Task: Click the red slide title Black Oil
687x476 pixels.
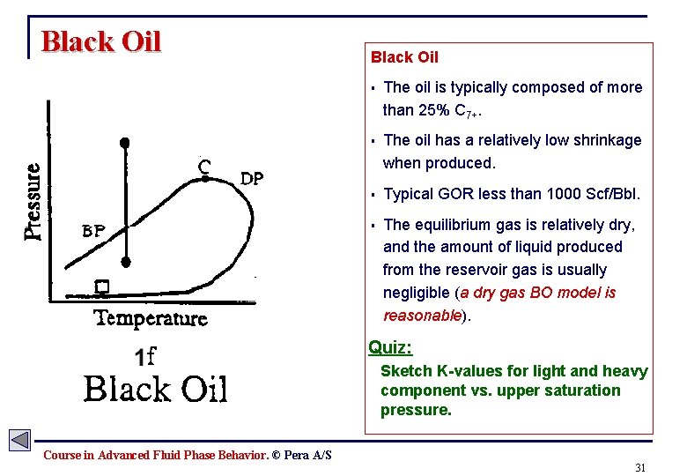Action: (101, 41)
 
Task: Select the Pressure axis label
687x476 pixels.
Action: (33, 202)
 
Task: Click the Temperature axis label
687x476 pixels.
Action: (151, 318)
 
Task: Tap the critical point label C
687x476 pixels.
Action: (203, 165)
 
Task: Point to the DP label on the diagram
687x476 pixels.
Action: (253, 179)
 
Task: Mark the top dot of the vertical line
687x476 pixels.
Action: (126, 141)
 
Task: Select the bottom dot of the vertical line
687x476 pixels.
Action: (126, 262)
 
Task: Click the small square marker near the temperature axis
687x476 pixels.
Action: (101, 287)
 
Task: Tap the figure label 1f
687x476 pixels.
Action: (145, 356)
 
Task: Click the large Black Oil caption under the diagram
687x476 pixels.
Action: (155, 388)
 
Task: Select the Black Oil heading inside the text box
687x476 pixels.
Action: (404, 57)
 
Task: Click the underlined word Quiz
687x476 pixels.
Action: (390, 347)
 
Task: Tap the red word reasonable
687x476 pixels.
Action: (422, 316)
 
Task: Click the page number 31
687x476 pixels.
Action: (640, 467)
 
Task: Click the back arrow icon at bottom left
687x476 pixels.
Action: (19, 440)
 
